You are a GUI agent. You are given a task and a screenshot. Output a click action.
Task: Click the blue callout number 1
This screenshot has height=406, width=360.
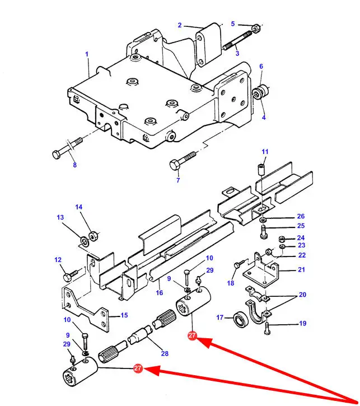[x=87, y=54]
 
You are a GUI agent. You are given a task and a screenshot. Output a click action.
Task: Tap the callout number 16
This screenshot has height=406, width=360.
[x=160, y=292]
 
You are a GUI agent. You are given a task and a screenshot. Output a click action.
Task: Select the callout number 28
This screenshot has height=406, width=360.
[x=165, y=353]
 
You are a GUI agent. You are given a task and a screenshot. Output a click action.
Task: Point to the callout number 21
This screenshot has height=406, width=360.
[x=301, y=269]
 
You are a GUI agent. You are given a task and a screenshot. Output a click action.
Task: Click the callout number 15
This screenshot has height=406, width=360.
[x=124, y=315]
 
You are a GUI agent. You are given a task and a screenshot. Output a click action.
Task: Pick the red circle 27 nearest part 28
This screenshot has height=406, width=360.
[x=192, y=335]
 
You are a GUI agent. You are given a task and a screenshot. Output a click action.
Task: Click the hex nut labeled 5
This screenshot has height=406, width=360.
[x=256, y=28]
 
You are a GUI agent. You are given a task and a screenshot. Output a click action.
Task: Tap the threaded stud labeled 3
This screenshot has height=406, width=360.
[x=237, y=40]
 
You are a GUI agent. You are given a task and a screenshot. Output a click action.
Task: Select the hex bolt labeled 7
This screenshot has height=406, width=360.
[x=183, y=161]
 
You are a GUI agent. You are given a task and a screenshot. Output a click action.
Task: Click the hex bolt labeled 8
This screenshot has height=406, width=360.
[x=67, y=148]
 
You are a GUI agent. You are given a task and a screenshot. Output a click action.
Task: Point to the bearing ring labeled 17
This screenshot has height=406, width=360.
[x=241, y=319]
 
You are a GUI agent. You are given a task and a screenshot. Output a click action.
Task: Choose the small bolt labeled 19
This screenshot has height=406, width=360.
[x=267, y=328]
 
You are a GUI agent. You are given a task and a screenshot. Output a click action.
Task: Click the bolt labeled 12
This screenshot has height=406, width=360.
[x=71, y=276]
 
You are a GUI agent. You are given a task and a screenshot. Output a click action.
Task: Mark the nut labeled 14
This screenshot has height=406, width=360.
[x=93, y=236]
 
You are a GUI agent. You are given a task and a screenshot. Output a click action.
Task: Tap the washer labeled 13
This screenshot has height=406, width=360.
[x=84, y=241]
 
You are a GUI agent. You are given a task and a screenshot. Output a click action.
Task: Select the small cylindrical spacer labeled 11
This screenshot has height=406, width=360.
[x=262, y=169]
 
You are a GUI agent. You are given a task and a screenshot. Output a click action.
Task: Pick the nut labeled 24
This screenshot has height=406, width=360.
[x=282, y=239]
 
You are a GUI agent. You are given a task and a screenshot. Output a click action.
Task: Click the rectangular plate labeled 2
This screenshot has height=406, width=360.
[x=209, y=45]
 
